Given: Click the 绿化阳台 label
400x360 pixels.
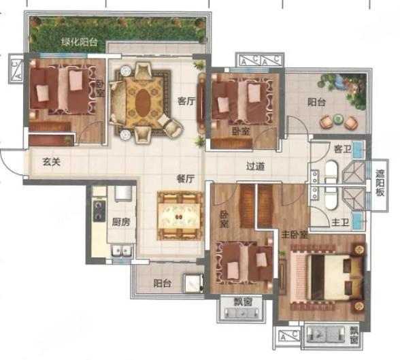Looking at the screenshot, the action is [80, 42].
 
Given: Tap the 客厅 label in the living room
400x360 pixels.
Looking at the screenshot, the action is [186, 101].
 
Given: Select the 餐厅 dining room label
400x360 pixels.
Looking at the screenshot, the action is [186, 179].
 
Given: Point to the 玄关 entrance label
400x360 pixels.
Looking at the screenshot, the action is [52, 162].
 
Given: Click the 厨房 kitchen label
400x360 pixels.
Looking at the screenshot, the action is [121, 222].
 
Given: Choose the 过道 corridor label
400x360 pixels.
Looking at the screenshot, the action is [255, 167].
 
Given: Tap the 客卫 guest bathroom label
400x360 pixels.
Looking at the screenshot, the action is [342, 149].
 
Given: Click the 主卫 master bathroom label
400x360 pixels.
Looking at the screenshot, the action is [340, 223].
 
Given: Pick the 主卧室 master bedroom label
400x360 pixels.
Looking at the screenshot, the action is [295, 235].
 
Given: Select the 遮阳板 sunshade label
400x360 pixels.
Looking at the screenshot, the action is [380, 183].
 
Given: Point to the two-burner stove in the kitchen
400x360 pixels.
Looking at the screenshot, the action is [99, 211].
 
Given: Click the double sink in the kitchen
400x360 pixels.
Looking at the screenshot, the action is [122, 250].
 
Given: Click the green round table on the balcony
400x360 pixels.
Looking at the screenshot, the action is [338, 118].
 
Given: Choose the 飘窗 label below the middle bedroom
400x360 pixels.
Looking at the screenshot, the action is [243, 302].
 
